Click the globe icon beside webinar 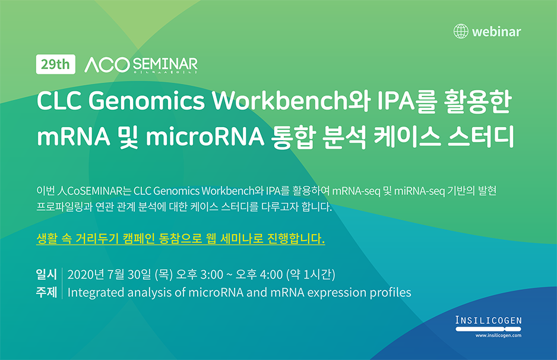click(461, 31)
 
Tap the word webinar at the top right click(496, 31)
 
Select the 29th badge click(55, 64)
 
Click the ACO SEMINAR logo click(141, 65)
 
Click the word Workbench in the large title click(279, 100)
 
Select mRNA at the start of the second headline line click(74, 137)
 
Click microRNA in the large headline click(205, 137)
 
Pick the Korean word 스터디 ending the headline click(480, 137)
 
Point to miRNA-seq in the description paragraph click(419, 191)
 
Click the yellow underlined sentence click(181, 238)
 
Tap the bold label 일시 click(46, 274)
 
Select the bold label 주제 click(46, 292)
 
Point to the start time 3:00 click(212, 274)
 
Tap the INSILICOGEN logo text click(489, 320)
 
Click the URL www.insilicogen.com click(498, 336)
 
